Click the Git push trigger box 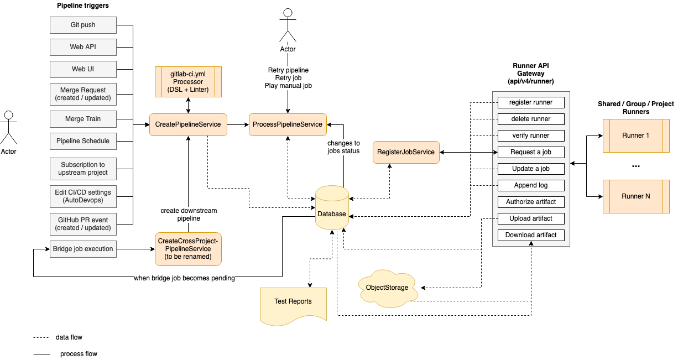tap(83, 25)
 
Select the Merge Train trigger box tap(83, 119)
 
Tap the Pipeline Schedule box tap(83, 141)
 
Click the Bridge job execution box tap(83, 249)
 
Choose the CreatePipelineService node tap(188, 124)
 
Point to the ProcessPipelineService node tap(287, 124)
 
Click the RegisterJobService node tap(406, 152)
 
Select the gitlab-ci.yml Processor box tap(187, 82)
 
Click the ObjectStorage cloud tap(387, 287)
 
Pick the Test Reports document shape tap(293, 302)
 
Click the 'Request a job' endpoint tap(530, 152)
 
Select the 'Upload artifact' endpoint tap(530, 218)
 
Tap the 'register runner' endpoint tap(530, 102)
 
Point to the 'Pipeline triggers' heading tap(83, 6)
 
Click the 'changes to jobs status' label tap(343, 147)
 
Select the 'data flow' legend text tap(69, 337)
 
